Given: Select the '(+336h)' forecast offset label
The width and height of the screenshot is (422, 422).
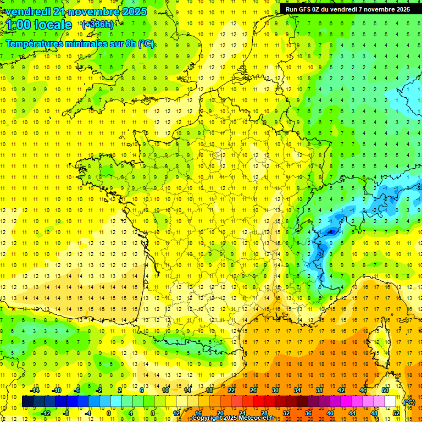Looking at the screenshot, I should pos(97,24).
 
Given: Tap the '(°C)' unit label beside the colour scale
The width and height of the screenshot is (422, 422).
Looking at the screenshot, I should pos(409,402).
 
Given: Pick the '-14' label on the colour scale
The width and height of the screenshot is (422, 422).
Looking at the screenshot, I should pos(35,390).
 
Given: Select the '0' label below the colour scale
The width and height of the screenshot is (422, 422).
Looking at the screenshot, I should pos(109,413).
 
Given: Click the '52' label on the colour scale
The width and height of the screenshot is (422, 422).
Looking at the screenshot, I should pos(396,413).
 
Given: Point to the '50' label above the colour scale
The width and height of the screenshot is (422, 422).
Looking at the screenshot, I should pos(385,390).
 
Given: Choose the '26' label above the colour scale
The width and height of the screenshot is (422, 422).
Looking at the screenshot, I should pos(253,390).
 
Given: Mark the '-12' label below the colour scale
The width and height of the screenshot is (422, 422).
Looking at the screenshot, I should pos(46,413).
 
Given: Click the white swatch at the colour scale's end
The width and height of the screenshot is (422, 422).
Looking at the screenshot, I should pos(390,402).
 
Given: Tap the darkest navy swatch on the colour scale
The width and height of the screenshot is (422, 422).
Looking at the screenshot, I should pos(27,402).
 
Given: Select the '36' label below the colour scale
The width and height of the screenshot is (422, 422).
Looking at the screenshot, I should pos(308,413).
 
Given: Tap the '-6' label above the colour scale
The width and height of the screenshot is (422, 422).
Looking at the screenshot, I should pos(78,390).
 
